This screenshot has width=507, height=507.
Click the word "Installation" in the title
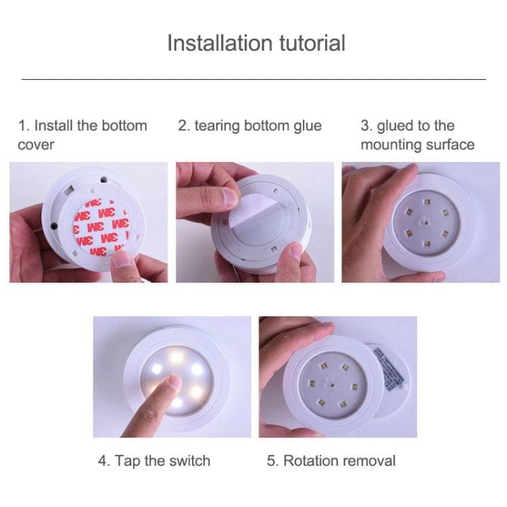point(210,43)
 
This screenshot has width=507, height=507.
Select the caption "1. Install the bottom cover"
point(82,135)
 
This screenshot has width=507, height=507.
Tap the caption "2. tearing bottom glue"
point(249,126)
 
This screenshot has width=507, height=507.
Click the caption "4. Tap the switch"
point(153,461)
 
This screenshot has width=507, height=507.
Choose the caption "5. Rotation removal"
point(331,461)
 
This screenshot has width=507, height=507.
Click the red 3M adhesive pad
point(99,227)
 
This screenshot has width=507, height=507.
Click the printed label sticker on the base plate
point(391,368)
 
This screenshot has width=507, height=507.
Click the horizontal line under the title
point(254,79)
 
